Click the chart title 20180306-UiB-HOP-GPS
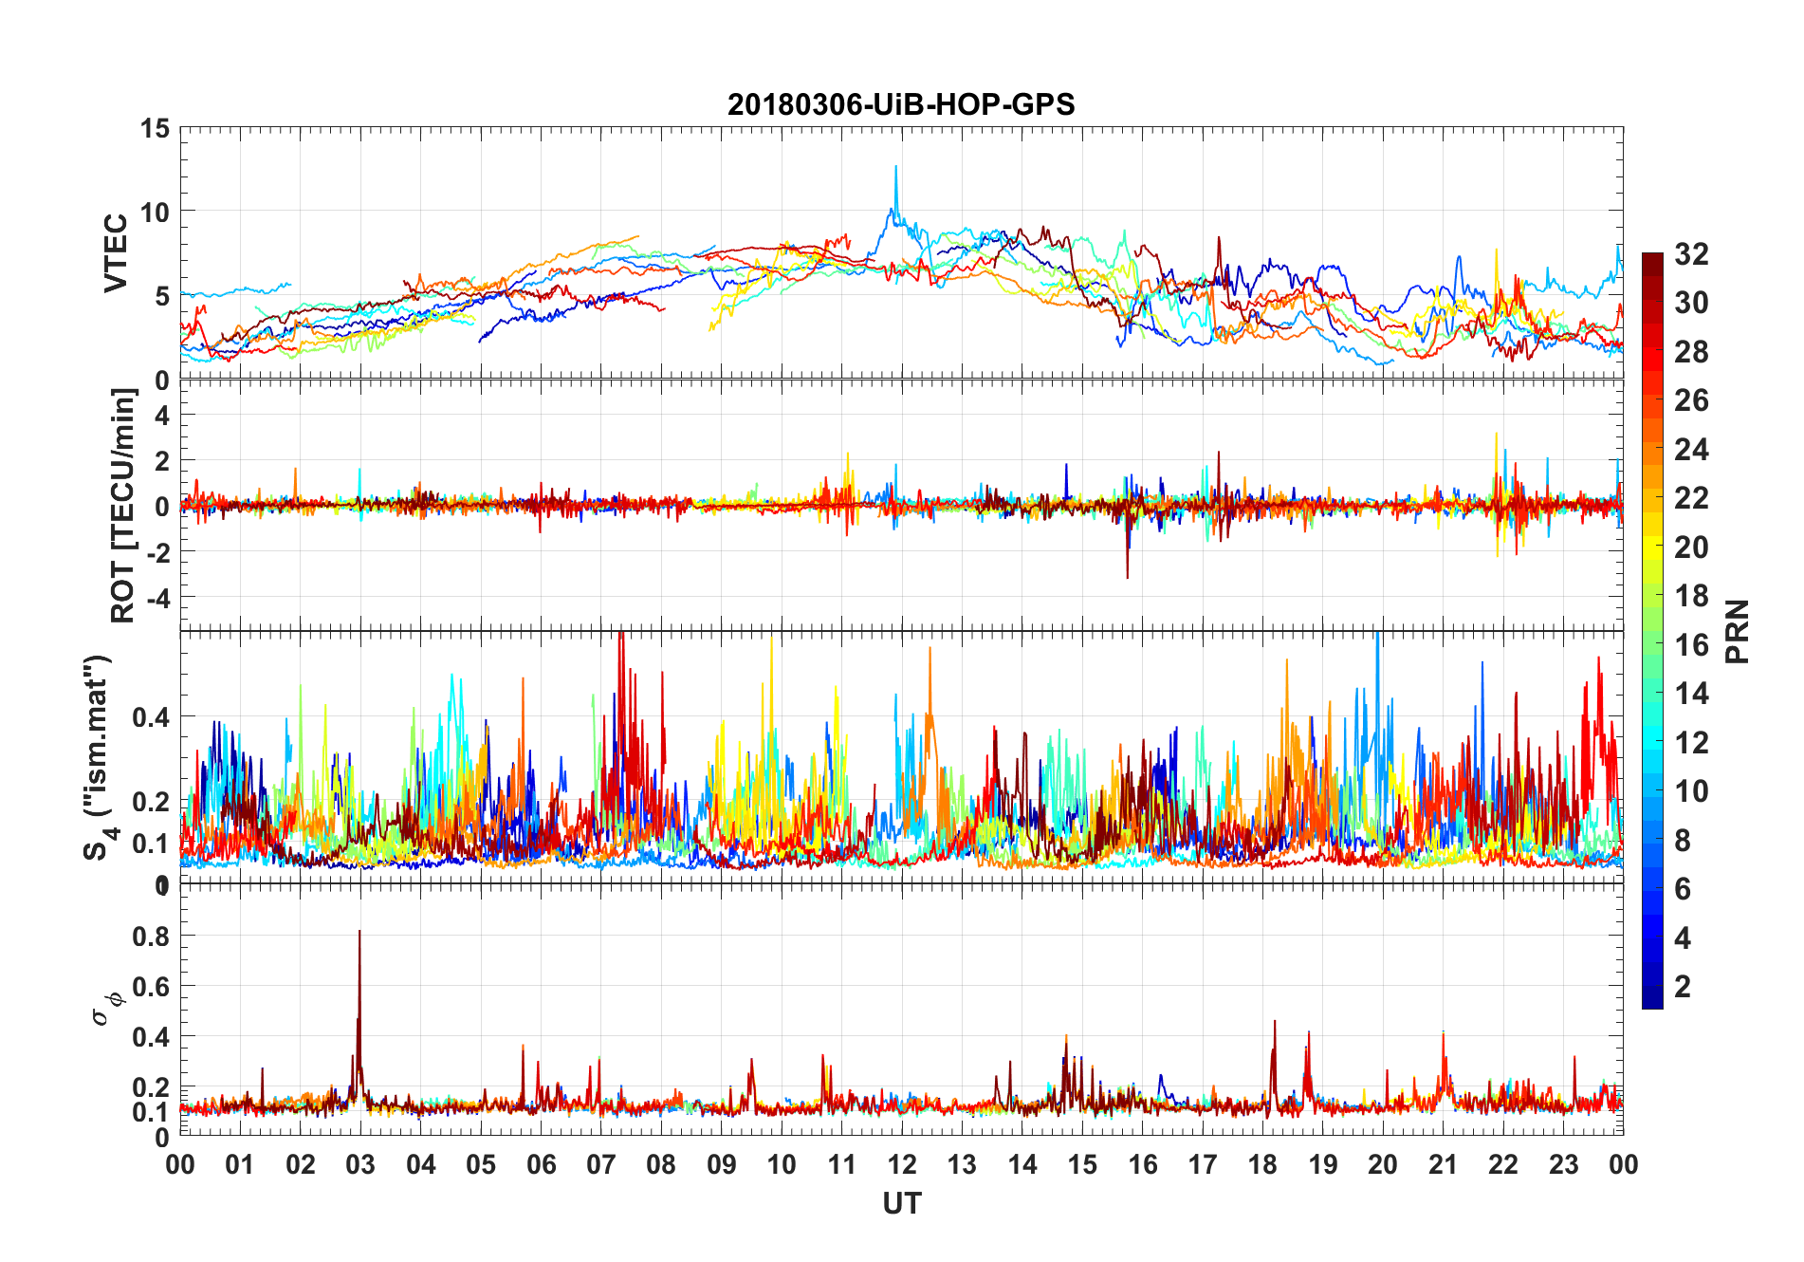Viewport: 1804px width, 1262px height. [901, 104]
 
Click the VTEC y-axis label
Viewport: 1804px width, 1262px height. [116, 252]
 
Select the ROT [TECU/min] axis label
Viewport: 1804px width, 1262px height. [123, 505]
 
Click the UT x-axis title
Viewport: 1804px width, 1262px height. [901, 1203]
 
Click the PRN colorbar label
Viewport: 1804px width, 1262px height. [1738, 631]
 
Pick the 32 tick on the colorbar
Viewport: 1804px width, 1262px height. [1691, 254]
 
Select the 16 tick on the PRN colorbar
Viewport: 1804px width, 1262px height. [1691, 645]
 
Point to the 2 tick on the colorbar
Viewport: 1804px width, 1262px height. [1683, 987]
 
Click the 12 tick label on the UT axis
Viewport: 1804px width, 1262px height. [902, 1164]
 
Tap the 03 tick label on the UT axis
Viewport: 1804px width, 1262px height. [360, 1164]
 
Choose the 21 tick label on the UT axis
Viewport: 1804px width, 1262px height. [1443, 1164]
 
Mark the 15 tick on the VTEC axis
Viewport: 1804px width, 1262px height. [155, 129]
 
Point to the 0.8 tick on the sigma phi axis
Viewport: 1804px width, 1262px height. [152, 937]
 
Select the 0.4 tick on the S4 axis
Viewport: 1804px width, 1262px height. [152, 716]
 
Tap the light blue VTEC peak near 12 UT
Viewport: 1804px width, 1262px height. [895, 169]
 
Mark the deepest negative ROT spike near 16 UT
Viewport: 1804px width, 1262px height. [1127, 575]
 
